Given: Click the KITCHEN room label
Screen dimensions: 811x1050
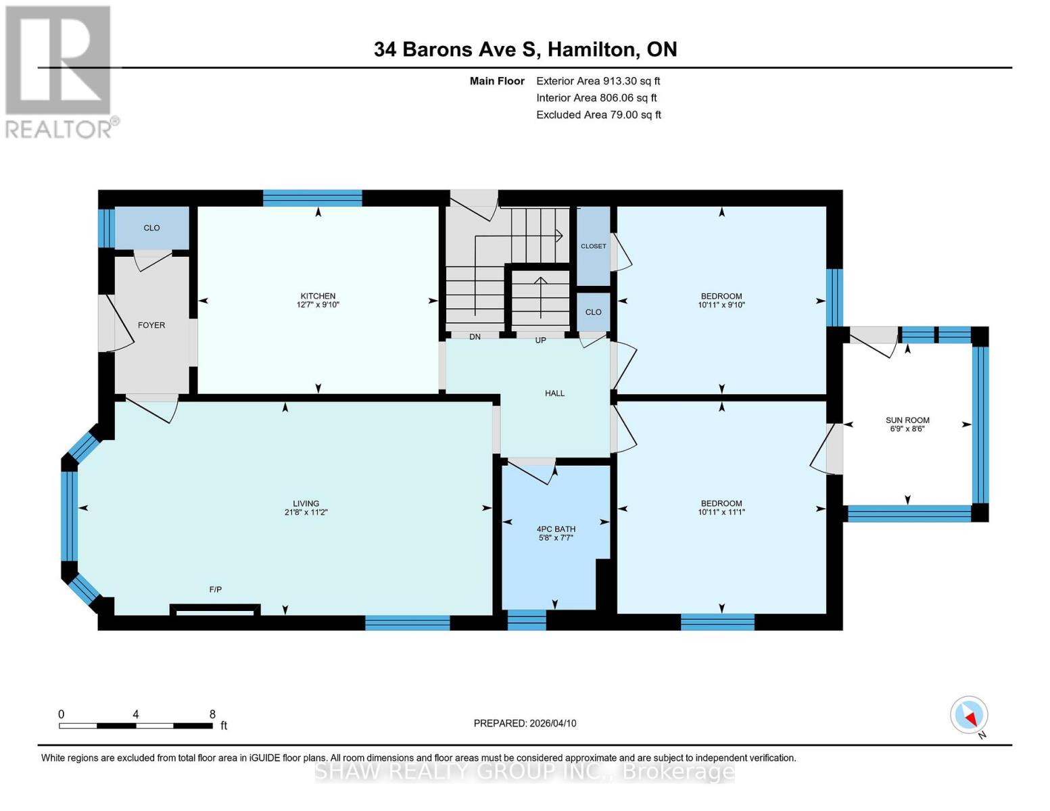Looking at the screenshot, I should click(x=318, y=296).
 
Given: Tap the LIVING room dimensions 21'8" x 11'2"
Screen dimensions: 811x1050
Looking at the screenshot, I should click(x=306, y=512).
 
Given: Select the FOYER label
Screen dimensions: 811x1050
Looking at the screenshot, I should click(x=151, y=325).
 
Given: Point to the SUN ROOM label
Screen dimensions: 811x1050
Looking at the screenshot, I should click(x=907, y=420).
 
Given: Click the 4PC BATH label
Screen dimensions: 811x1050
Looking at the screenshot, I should click(x=556, y=529).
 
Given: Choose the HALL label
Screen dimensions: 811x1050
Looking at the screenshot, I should click(x=554, y=393).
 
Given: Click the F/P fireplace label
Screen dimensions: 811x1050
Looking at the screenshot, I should click(x=215, y=589).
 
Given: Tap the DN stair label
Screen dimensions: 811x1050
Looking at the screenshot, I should click(x=475, y=337).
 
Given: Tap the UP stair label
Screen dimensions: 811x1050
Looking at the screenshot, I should click(x=540, y=341).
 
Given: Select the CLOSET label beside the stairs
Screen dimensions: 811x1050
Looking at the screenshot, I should click(x=593, y=246).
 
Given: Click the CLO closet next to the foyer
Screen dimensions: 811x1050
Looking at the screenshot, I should click(x=151, y=228).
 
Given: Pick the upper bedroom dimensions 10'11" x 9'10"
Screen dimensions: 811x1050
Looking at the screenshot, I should click(x=721, y=305).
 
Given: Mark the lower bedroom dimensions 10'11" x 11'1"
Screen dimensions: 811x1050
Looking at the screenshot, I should click(x=721, y=512).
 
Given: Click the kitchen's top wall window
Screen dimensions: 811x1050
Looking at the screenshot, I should click(x=312, y=198).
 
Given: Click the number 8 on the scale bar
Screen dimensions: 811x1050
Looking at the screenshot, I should click(x=212, y=714).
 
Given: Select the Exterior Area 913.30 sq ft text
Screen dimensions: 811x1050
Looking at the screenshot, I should click(x=598, y=81).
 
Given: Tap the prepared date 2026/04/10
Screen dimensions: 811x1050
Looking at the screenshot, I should click(x=525, y=723).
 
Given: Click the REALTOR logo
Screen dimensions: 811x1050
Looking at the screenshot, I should click(x=59, y=71).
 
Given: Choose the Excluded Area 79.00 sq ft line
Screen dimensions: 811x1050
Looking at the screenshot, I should click(x=598, y=115).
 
